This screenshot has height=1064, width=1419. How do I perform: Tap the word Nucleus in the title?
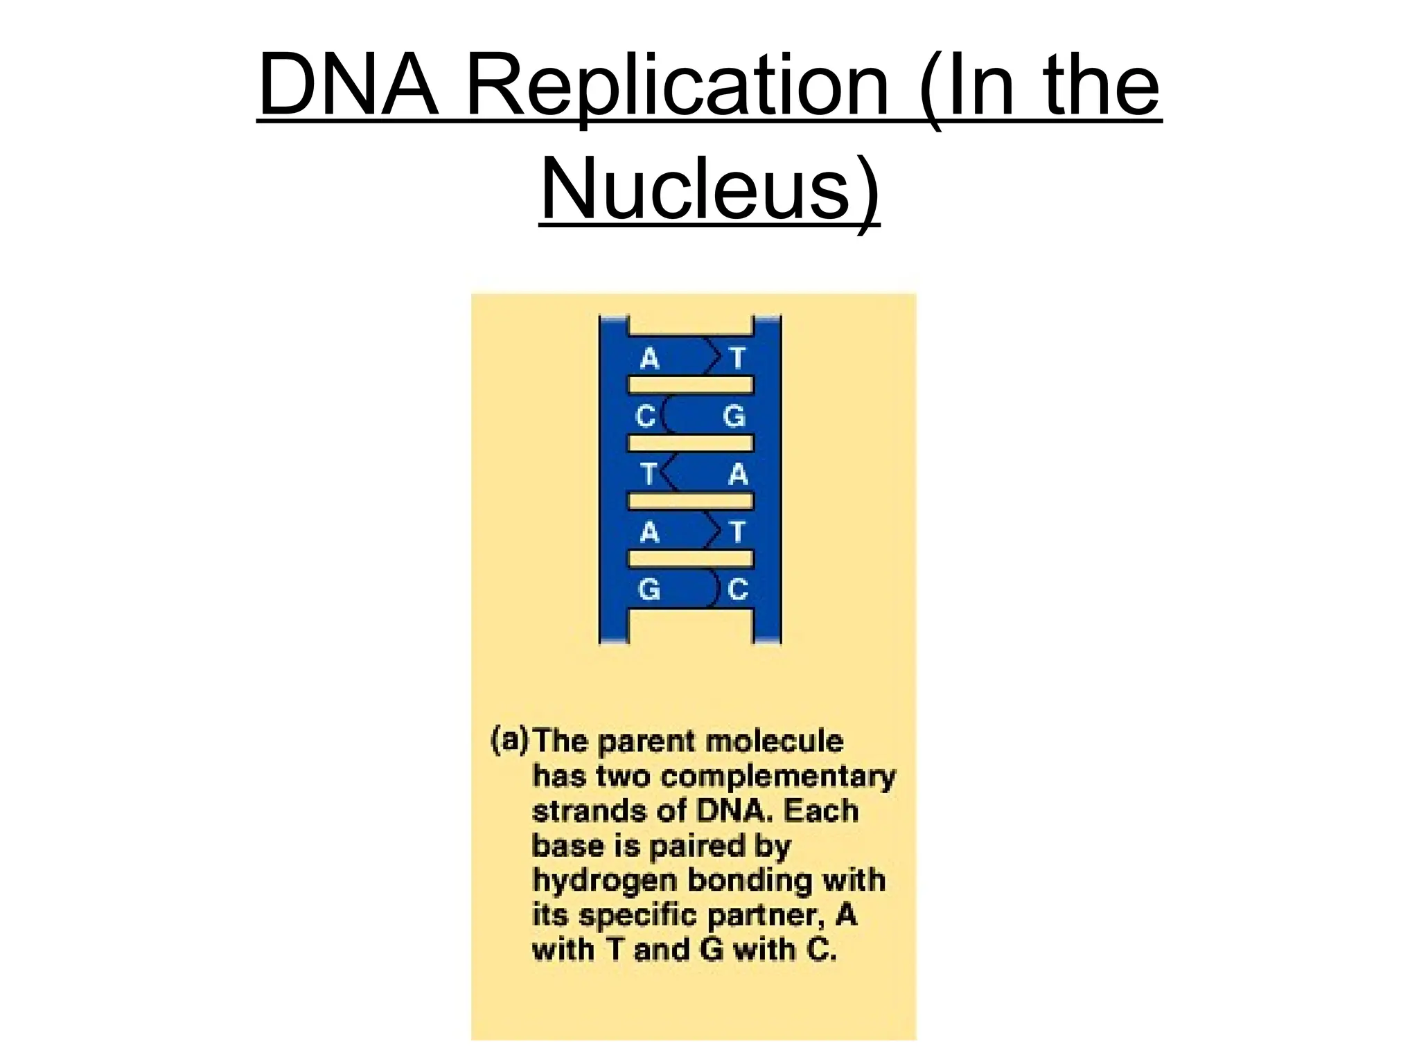click(695, 189)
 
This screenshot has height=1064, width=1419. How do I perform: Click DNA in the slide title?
click(349, 86)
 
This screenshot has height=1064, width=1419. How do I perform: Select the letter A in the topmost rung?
click(649, 359)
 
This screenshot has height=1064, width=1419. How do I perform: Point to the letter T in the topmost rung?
click(737, 359)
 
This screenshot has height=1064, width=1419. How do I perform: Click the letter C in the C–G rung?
click(646, 416)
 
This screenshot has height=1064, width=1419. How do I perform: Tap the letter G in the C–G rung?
click(734, 416)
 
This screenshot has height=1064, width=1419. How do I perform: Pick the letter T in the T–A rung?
click(648, 475)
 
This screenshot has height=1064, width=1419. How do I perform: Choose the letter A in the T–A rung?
click(739, 475)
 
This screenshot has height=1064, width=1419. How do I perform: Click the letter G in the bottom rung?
click(649, 589)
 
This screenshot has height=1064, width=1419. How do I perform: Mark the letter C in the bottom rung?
click(738, 589)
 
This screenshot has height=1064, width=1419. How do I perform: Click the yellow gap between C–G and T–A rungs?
click(690, 443)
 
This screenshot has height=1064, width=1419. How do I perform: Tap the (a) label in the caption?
click(510, 740)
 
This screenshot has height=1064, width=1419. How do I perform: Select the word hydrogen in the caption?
click(604, 881)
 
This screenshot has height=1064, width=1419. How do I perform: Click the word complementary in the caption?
click(778, 777)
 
